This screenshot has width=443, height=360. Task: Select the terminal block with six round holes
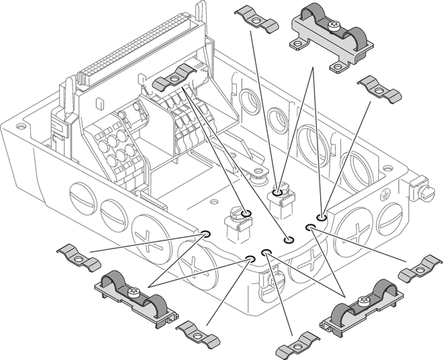pyautogui.click(x=114, y=148)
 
